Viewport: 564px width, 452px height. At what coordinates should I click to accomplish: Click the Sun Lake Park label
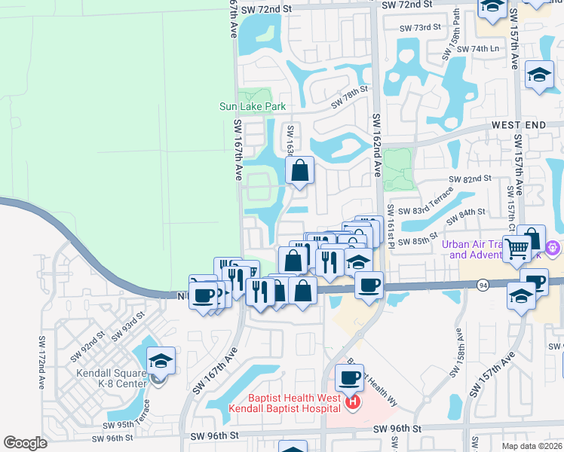(x=248, y=106)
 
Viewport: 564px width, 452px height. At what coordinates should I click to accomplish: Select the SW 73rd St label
(x=420, y=28)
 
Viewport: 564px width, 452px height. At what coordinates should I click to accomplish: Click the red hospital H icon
(x=352, y=405)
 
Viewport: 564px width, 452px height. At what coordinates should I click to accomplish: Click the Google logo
(x=25, y=443)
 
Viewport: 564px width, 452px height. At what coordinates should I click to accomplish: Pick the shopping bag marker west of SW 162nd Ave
(x=300, y=170)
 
